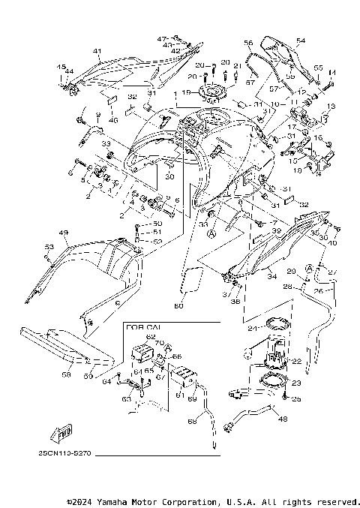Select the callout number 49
tap(64, 233)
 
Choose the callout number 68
tap(191, 422)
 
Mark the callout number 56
tap(248, 44)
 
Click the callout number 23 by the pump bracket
tap(295, 383)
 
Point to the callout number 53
tap(49, 246)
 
